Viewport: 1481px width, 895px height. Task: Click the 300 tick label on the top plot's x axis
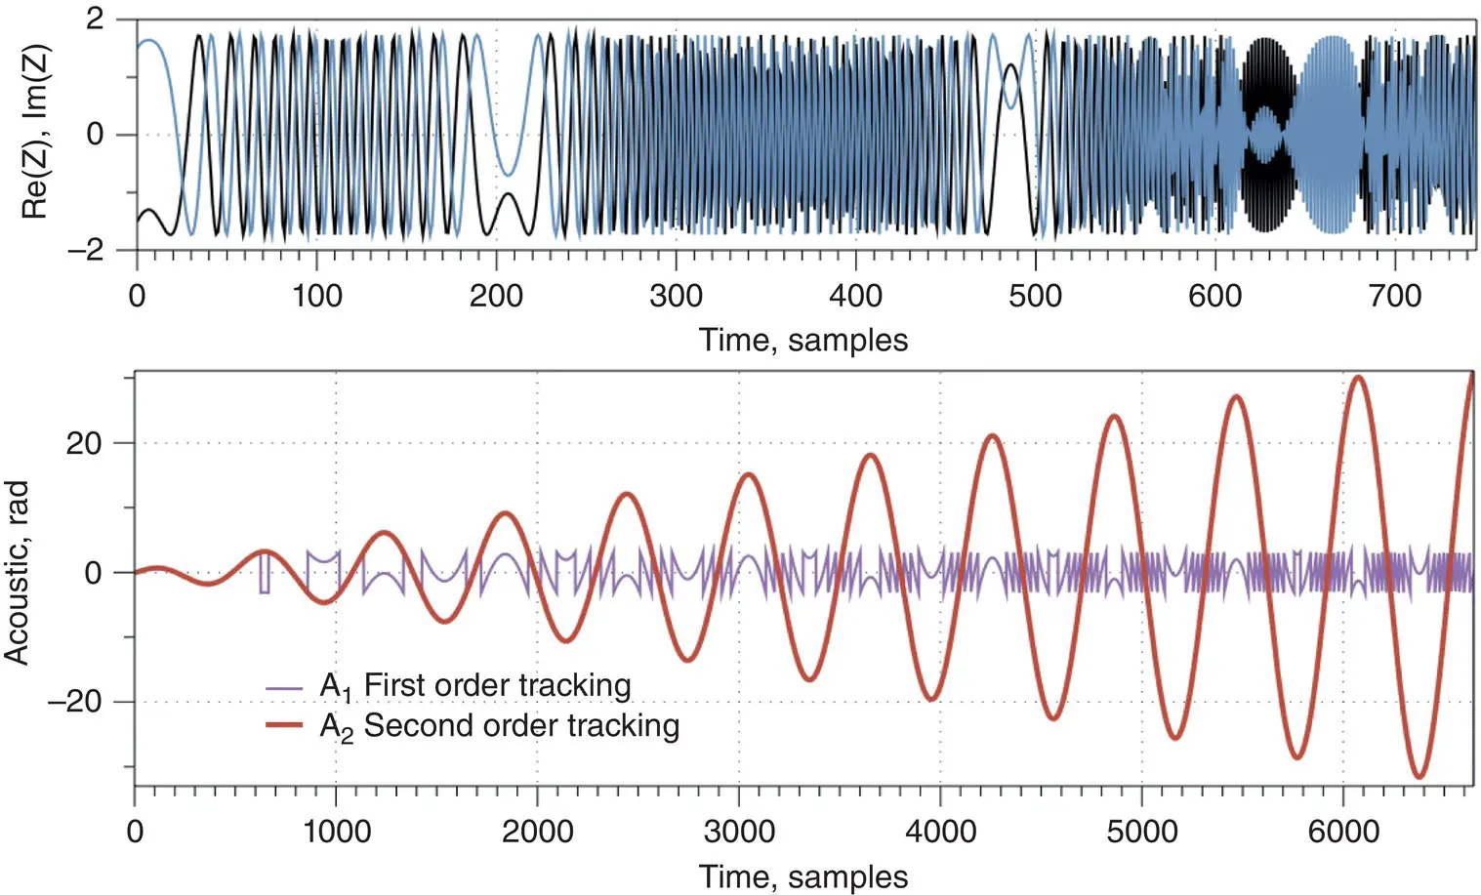coord(676,295)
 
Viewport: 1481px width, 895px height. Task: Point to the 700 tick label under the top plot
coord(1395,295)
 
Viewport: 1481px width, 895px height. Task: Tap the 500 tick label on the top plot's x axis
coord(1035,295)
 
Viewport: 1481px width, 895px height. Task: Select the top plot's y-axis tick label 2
coord(95,20)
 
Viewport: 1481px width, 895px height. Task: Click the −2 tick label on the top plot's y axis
coord(86,250)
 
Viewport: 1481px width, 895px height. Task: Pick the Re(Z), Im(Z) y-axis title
coord(35,135)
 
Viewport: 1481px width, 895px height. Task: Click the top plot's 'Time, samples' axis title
coord(802,340)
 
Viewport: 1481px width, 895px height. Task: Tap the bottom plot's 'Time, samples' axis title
coord(802,876)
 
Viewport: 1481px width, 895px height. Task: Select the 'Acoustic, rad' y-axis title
coord(18,573)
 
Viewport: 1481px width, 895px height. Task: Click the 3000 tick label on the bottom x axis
coord(738,832)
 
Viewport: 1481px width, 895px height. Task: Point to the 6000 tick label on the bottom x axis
coord(1342,832)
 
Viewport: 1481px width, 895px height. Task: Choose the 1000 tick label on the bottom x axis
coord(335,832)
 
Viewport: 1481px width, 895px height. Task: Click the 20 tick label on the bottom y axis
coord(84,443)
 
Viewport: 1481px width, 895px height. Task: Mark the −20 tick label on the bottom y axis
coord(75,702)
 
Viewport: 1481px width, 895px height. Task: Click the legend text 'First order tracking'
coord(497,685)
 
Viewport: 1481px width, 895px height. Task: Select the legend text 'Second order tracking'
coord(521,726)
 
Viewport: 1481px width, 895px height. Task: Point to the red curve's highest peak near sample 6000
coord(1358,377)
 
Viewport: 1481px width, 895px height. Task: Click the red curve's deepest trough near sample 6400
coord(1419,777)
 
